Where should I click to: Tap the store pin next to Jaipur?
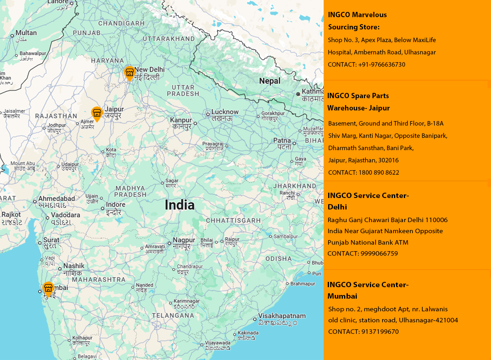[x=97, y=113]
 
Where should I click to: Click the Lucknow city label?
[x=225, y=112]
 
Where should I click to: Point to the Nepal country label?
[x=270, y=81]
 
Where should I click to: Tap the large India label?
[x=180, y=205]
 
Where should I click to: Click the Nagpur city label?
[x=184, y=240]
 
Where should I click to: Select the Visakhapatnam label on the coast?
[x=282, y=316]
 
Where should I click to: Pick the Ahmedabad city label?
[x=56, y=199]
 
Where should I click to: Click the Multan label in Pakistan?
[x=26, y=33]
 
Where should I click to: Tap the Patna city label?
[x=282, y=141]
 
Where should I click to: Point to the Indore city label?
[x=115, y=205]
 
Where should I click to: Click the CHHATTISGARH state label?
[x=233, y=220]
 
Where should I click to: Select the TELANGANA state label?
[x=173, y=315]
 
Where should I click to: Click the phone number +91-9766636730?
[x=381, y=65]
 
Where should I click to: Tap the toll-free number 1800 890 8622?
[x=379, y=173]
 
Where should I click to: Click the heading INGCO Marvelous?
[x=357, y=15]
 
